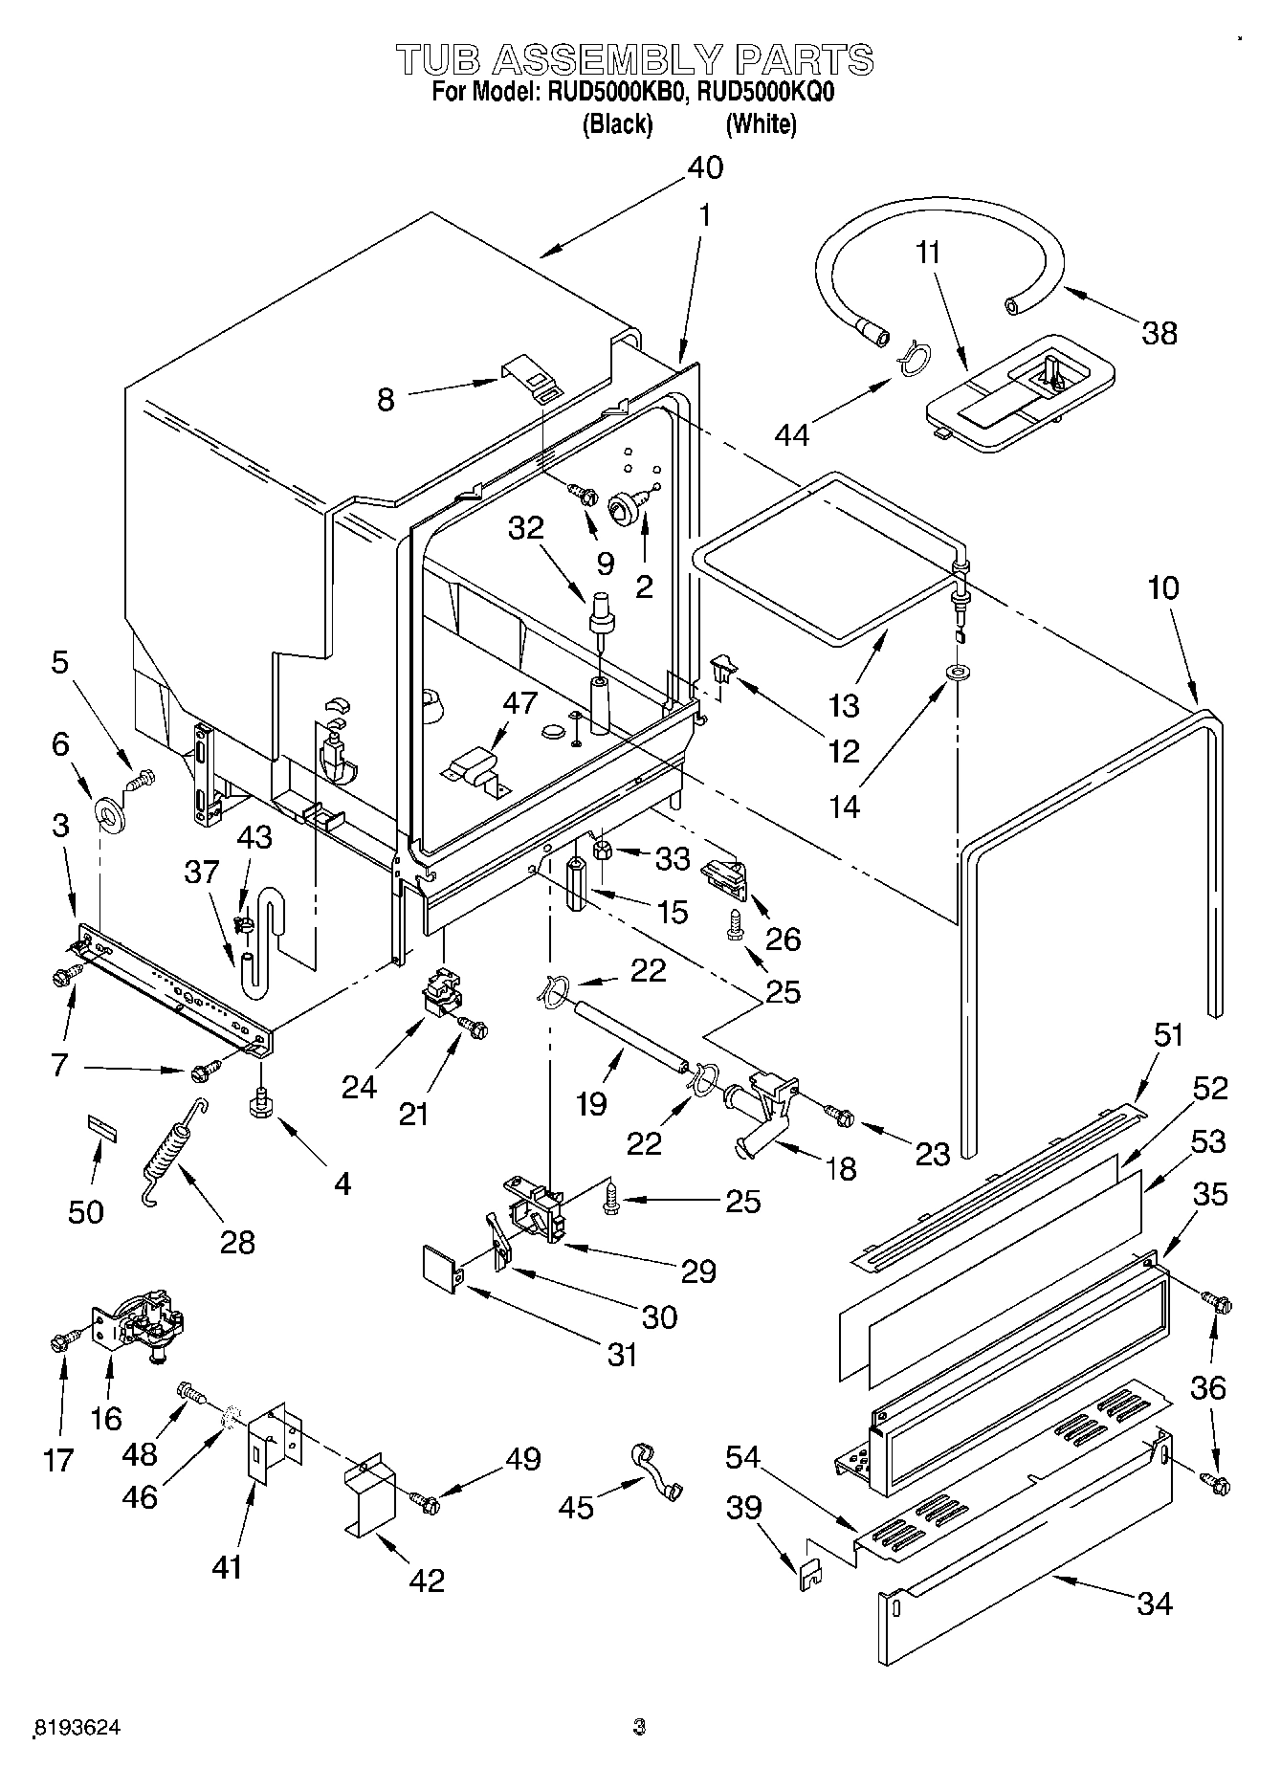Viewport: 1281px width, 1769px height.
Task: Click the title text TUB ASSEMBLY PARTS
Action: [x=635, y=59]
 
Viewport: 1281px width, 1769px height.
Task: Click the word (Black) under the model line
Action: [x=617, y=123]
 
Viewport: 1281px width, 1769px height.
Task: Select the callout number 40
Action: [x=705, y=168]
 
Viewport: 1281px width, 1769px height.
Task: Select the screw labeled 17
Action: [x=60, y=1341]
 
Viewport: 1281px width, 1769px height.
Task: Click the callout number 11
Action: [x=927, y=254]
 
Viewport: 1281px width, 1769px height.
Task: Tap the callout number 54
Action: [x=741, y=1457]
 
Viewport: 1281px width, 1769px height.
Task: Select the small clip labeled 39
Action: [x=810, y=1572]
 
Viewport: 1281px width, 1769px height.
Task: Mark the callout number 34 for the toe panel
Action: [x=1155, y=1603]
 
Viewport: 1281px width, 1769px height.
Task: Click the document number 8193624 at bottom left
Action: [x=77, y=1727]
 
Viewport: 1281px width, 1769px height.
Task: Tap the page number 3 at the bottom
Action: [x=639, y=1727]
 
